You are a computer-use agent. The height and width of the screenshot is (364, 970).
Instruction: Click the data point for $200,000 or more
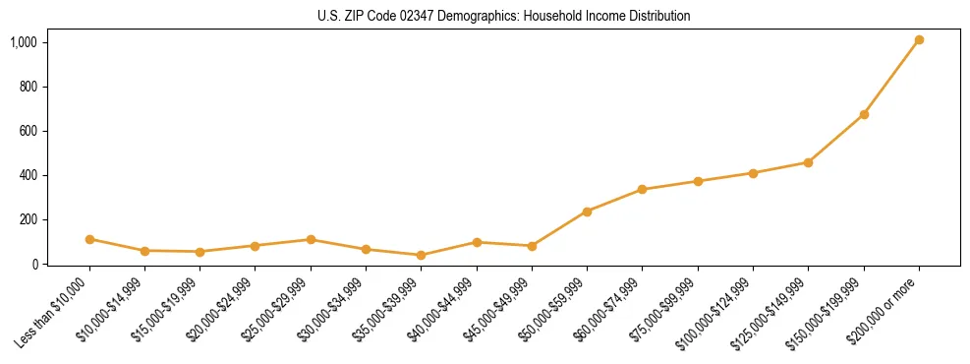(x=919, y=40)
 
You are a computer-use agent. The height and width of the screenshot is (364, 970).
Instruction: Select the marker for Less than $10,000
(x=89, y=239)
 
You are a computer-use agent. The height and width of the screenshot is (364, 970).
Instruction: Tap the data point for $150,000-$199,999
(x=864, y=115)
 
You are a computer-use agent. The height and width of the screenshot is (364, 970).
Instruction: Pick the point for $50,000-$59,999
(x=587, y=212)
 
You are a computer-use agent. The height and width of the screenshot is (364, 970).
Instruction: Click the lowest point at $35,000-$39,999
(x=421, y=255)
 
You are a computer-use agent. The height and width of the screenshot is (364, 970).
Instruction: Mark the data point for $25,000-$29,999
(x=311, y=240)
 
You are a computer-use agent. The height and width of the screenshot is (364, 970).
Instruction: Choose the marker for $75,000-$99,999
(x=698, y=181)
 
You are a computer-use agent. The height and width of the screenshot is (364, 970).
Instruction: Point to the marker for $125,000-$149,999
(x=808, y=162)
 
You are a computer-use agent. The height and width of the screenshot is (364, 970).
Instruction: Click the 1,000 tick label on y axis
(x=24, y=42)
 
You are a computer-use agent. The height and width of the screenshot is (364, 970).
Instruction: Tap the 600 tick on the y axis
(x=29, y=131)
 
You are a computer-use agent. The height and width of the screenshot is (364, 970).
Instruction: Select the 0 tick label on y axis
(x=35, y=264)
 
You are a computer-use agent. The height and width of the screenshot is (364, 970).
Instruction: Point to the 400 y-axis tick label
(x=29, y=175)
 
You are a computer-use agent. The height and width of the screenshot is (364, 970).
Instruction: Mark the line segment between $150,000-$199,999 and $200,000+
(x=891, y=78)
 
